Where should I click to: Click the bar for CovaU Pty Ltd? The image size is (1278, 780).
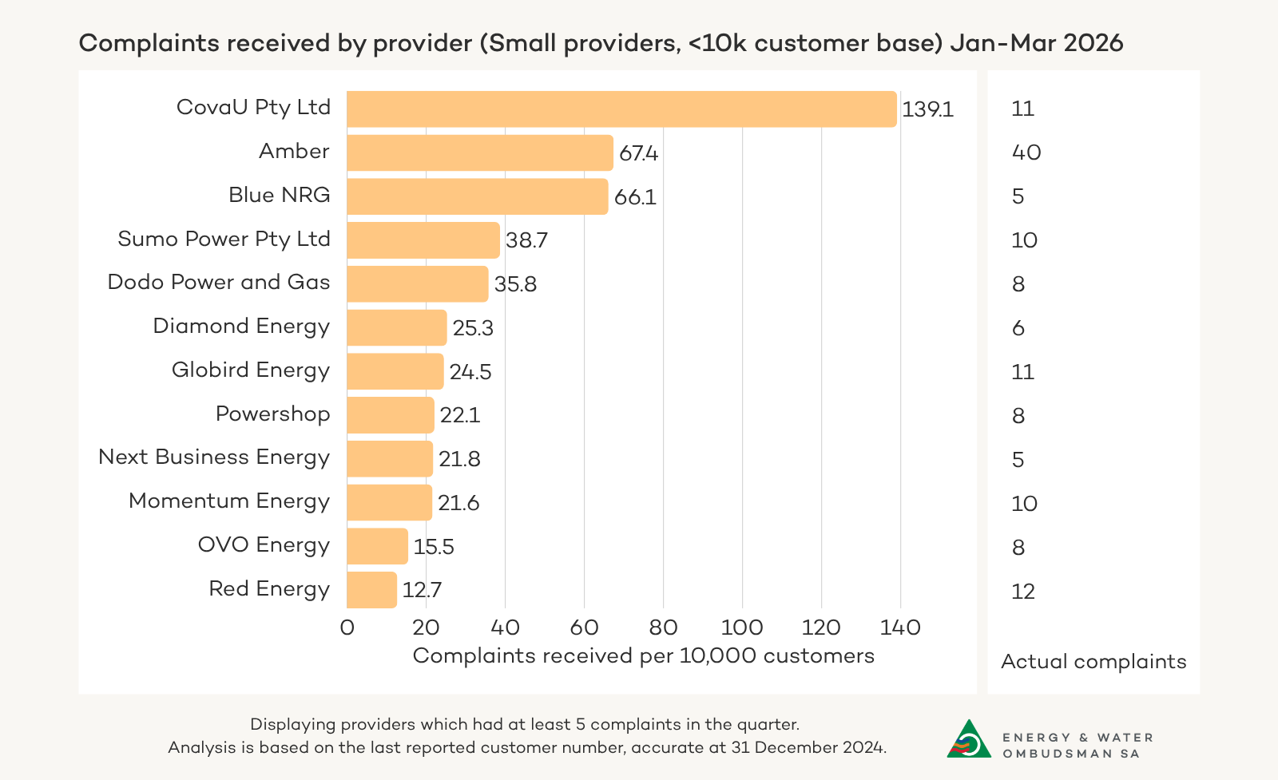(x=621, y=109)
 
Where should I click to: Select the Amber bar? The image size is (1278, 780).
(x=479, y=152)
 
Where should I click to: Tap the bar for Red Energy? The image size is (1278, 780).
(x=371, y=590)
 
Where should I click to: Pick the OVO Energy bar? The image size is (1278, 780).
(x=377, y=546)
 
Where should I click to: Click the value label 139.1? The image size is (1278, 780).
(x=927, y=109)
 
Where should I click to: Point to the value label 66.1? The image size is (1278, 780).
(x=635, y=197)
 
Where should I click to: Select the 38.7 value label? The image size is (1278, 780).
(x=526, y=240)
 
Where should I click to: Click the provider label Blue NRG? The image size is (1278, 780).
(x=279, y=195)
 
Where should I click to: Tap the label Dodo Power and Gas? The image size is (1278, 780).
(x=218, y=283)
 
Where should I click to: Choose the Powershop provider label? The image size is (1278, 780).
(x=272, y=414)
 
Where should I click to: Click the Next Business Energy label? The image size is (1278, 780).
(x=213, y=457)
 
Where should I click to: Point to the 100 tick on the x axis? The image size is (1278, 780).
(x=742, y=628)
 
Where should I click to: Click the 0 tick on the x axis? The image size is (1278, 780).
(x=347, y=628)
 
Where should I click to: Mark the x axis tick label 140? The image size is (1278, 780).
(x=900, y=628)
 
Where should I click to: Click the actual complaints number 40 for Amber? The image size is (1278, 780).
(x=1026, y=152)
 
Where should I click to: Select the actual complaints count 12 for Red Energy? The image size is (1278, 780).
(x=1023, y=592)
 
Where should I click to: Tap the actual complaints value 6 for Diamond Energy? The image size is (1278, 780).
(x=1018, y=328)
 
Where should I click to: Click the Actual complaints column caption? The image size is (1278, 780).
(x=1093, y=662)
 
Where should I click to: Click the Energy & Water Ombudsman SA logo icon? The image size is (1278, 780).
(x=969, y=739)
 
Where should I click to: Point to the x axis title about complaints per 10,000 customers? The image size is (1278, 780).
(x=643, y=656)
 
